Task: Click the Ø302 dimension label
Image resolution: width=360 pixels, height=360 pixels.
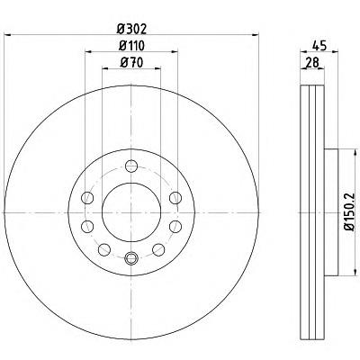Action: point(131,29)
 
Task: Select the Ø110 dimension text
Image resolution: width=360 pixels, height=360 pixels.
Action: point(131,46)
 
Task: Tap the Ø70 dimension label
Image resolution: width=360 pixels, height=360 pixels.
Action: point(131,63)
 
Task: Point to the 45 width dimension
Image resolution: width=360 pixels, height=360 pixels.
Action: point(319,46)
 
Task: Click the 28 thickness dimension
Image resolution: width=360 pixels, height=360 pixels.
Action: point(311,63)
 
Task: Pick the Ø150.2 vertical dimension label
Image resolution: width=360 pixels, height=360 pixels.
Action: point(349,212)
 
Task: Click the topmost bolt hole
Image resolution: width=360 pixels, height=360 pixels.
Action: point(131,166)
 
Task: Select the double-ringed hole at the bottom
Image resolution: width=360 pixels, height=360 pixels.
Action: point(131,257)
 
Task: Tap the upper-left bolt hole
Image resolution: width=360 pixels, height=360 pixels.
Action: point(87,198)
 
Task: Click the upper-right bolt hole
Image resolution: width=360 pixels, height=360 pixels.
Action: point(175,198)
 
